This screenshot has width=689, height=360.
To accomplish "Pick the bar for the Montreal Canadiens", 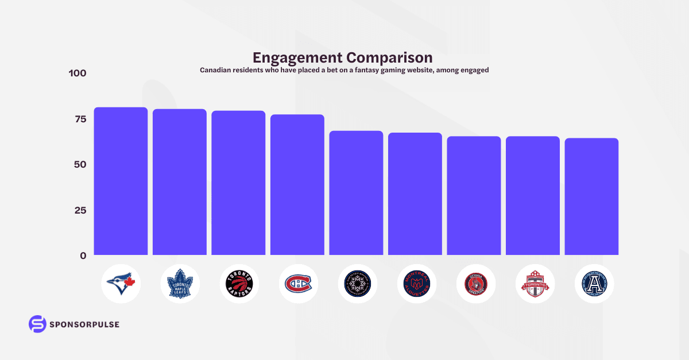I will (297, 184).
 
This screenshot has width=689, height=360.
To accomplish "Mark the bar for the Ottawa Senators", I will (474, 195).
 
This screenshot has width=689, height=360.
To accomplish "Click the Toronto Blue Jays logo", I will (121, 284).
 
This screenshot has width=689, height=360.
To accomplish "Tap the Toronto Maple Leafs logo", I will (180, 284).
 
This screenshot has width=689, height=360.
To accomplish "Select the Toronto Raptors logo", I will (238, 284).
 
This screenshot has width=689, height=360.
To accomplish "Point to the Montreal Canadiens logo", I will (297, 284).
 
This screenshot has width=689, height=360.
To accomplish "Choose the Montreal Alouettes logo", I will (415, 284).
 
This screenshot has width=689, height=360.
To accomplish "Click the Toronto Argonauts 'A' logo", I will (594, 284).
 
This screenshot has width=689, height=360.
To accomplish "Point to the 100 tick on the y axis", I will (77, 73).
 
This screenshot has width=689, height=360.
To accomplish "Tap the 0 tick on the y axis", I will (83, 256).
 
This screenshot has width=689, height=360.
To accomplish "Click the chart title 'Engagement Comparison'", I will (343, 58).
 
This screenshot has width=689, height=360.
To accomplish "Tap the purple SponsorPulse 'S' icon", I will (37, 324).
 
